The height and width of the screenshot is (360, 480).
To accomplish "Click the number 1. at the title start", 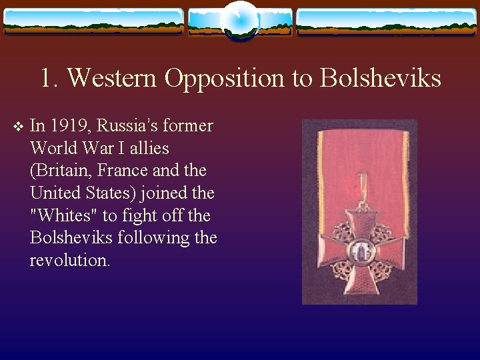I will pyautogui.click(x=49, y=79).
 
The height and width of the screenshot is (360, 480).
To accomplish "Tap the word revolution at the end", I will pyautogui.click(x=69, y=261).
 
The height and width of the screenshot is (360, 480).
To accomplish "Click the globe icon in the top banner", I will pyautogui.click(x=240, y=20).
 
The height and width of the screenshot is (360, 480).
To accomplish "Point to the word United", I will pyautogui.click(x=53, y=193).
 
